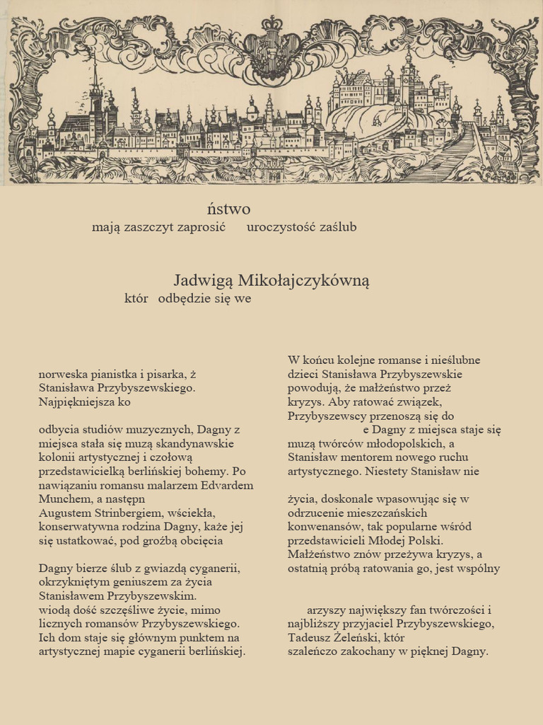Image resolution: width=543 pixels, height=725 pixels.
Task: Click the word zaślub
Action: click(338, 227)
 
